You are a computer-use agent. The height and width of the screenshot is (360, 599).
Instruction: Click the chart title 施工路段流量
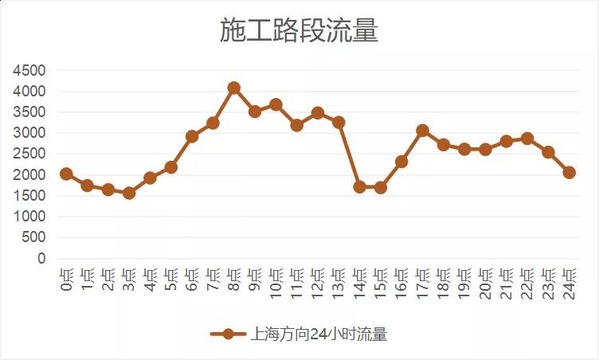click(x=299, y=31)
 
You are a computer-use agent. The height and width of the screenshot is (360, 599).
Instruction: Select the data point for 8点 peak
click(x=233, y=88)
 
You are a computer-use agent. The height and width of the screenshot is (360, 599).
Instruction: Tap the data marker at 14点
click(x=359, y=187)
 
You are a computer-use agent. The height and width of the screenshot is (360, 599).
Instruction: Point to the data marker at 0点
click(x=66, y=174)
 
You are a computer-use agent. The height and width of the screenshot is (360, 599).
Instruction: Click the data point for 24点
click(x=569, y=172)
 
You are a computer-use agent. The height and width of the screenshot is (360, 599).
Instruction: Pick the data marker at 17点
click(x=422, y=131)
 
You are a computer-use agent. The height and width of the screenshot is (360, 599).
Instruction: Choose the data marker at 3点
click(x=129, y=193)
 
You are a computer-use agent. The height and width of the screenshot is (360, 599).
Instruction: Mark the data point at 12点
click(x=318, y=113)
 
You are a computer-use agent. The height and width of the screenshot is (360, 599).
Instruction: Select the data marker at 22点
click(x=527, y=139)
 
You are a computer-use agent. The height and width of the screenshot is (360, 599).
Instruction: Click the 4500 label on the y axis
click(x=29, y=71)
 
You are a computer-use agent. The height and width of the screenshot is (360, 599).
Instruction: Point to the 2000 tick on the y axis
click(x=29, y=175)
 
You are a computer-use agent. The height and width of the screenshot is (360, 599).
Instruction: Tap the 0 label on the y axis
click(x=41, y=259)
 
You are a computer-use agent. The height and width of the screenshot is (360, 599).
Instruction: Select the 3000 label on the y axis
click(x=29, y=134)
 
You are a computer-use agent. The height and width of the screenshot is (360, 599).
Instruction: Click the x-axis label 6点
click(x=191, y=279)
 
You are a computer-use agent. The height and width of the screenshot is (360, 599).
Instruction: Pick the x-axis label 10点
click(x=275, y=283)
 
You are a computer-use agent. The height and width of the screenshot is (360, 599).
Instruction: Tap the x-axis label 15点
click(x=380, y=283)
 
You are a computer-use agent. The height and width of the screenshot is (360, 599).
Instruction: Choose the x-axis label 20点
click(x=484, y=283)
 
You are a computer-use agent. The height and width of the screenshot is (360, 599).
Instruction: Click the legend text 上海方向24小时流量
click(x=319, y=335)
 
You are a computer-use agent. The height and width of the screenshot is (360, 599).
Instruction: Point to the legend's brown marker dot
click(x=229, y=335)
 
